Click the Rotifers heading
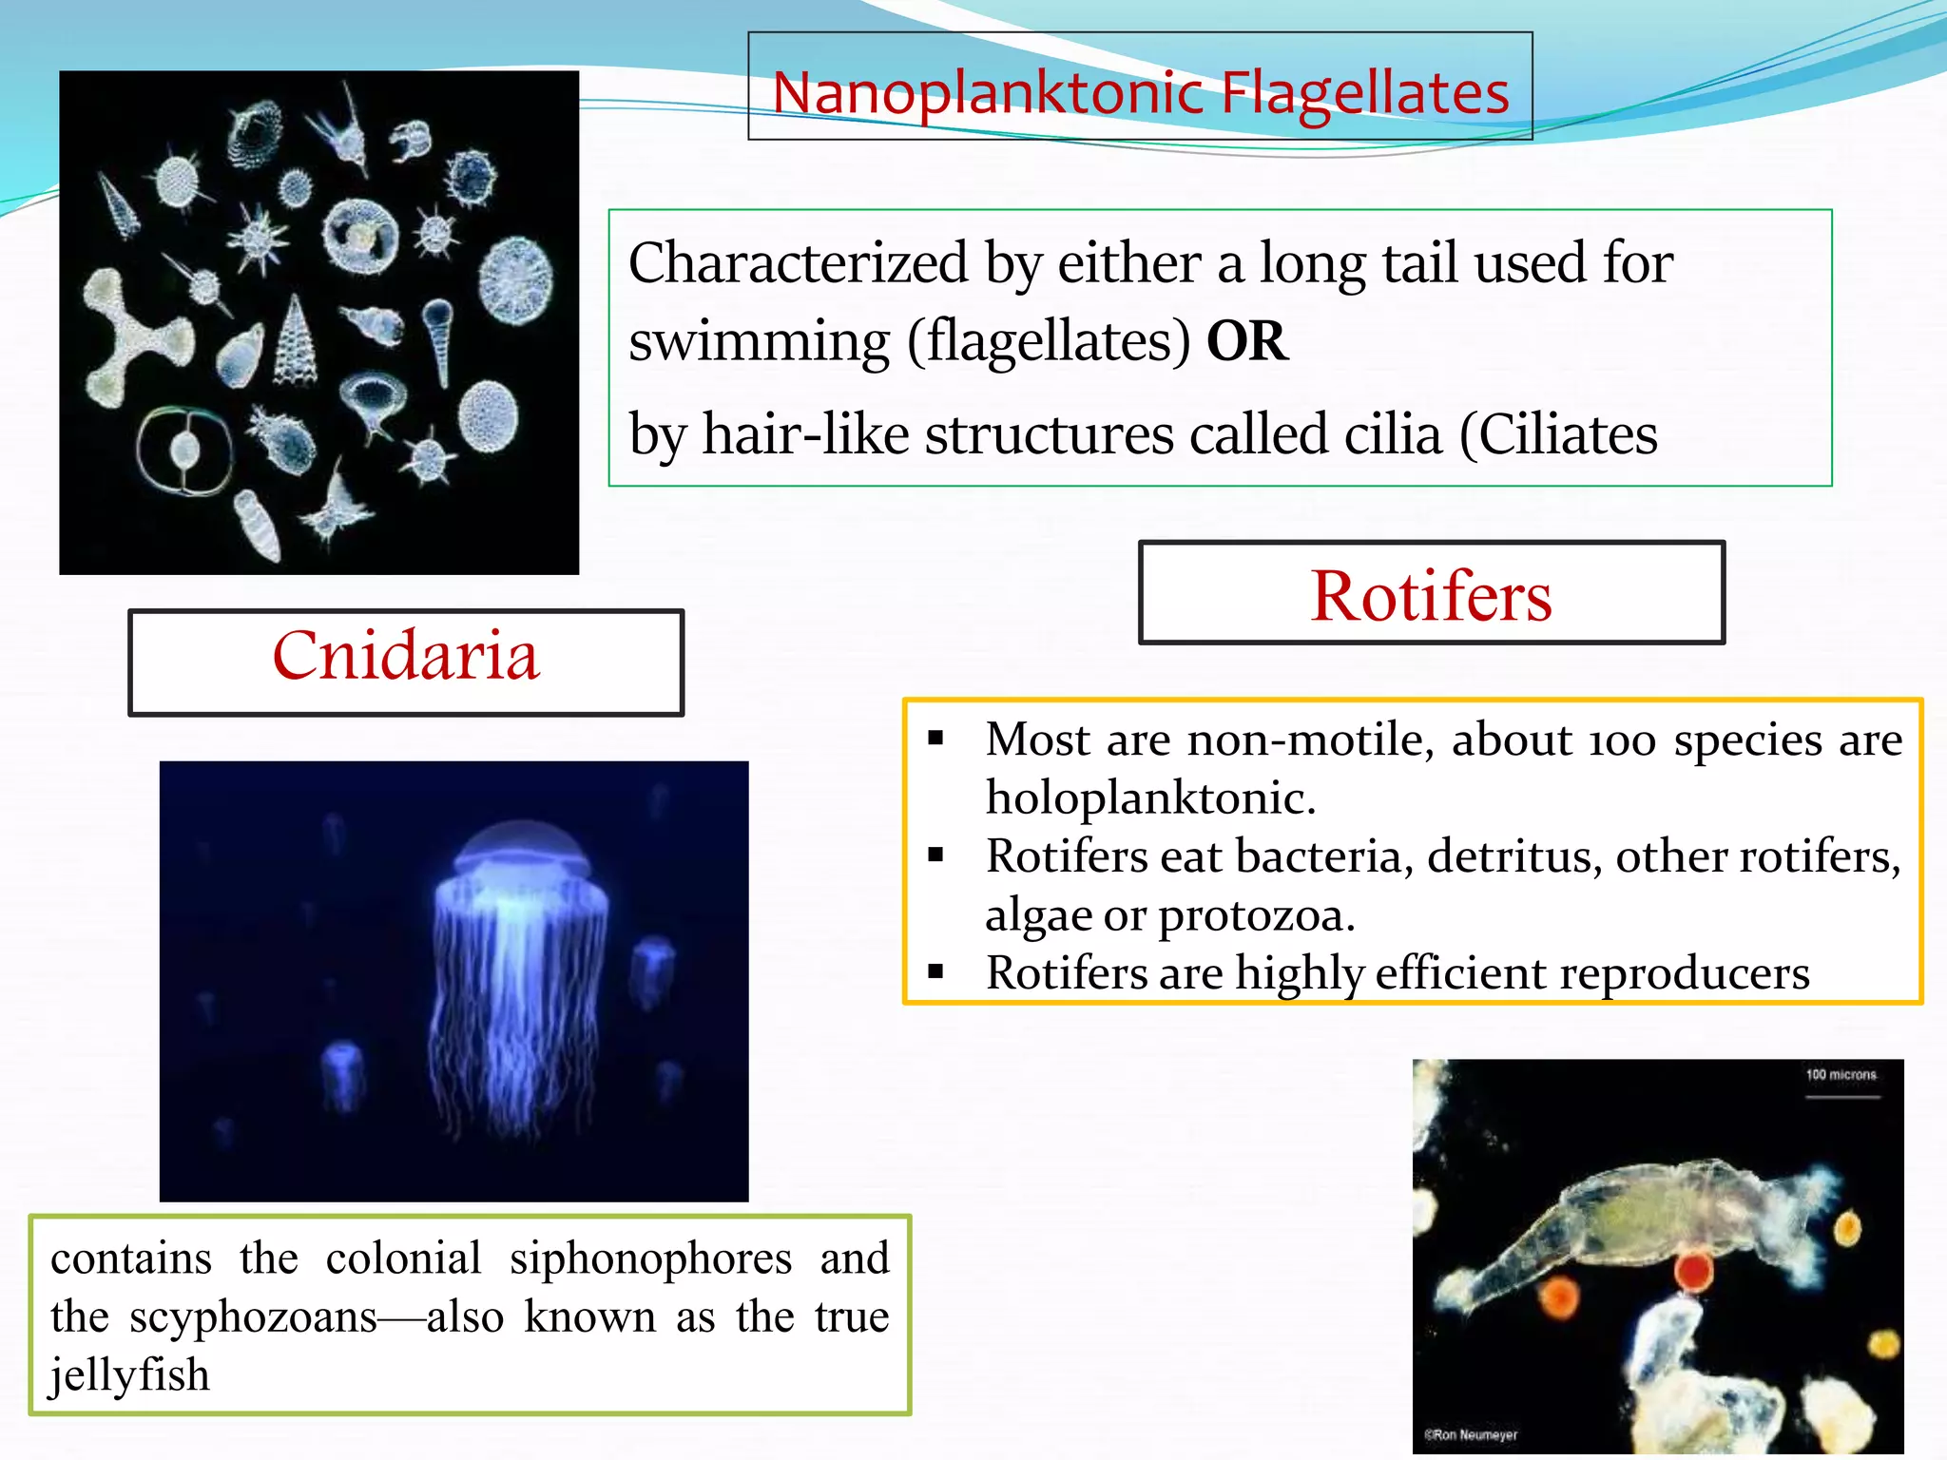pyautogui.click(x=1431, y=595)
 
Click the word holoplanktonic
pyautogui.click(x=1150, y=797)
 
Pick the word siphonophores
pyautogui.click(x=650, y=1258)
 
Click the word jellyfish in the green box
pyautogui.click(x=130, y=1374)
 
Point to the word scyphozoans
pyautogui.click(x=253, y=1316)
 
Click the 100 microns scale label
pyautogui.click(x=1841, y=1075)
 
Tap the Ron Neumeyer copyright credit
pyautogui.click(x=1471, y=1434)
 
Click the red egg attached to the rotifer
pyautogui.click(x=1693, y=1271)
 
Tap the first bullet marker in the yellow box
pyautogui.click(x=936, y=739)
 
